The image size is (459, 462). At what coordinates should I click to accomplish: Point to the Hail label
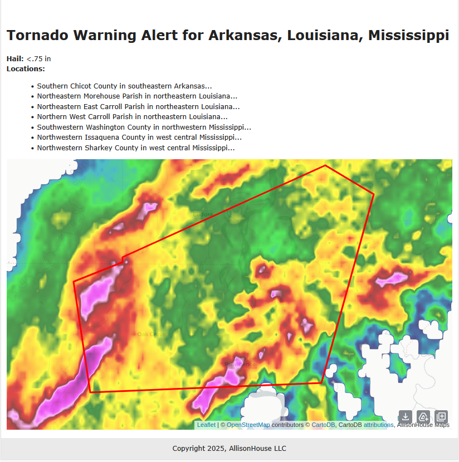pyautogui.click(x=15, y=59)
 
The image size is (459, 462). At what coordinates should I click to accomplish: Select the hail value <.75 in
pyautogui.click(x=38, y=59)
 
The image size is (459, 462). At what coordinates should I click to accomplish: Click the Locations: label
pyautogui.click(x=26, y=69)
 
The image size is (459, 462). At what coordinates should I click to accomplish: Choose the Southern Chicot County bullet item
pyautogui.click(x=124, y=86)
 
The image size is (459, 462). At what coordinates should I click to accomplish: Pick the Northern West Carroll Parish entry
pyautogui.click(x=132, y=117)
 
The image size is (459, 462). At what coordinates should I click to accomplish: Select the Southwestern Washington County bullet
pyautogui.click(x=144, y=127)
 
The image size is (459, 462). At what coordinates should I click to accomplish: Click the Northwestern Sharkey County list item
pyautogui.click(x=135, y=148)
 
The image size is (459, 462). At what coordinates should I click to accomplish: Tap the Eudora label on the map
pyautogui.click(x=203, y=214)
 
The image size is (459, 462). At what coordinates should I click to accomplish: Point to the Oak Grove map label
pyautogui.click(x=151, y=334)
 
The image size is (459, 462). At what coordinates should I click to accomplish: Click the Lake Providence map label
pyautogui.click(x=238, y=364)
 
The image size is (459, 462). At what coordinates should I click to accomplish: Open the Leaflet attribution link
pyautogui.click(x=206, y=425)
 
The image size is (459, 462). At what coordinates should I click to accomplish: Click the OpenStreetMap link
pyautogui.click(x=248, y=425)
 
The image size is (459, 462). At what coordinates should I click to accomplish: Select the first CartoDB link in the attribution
pyautogui.click(x=323, y=425)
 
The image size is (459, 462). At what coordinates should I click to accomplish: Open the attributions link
pyautogui.click(x=378, y=425)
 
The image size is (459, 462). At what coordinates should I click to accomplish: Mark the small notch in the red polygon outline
pyautogui.click(x=123, y=258)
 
